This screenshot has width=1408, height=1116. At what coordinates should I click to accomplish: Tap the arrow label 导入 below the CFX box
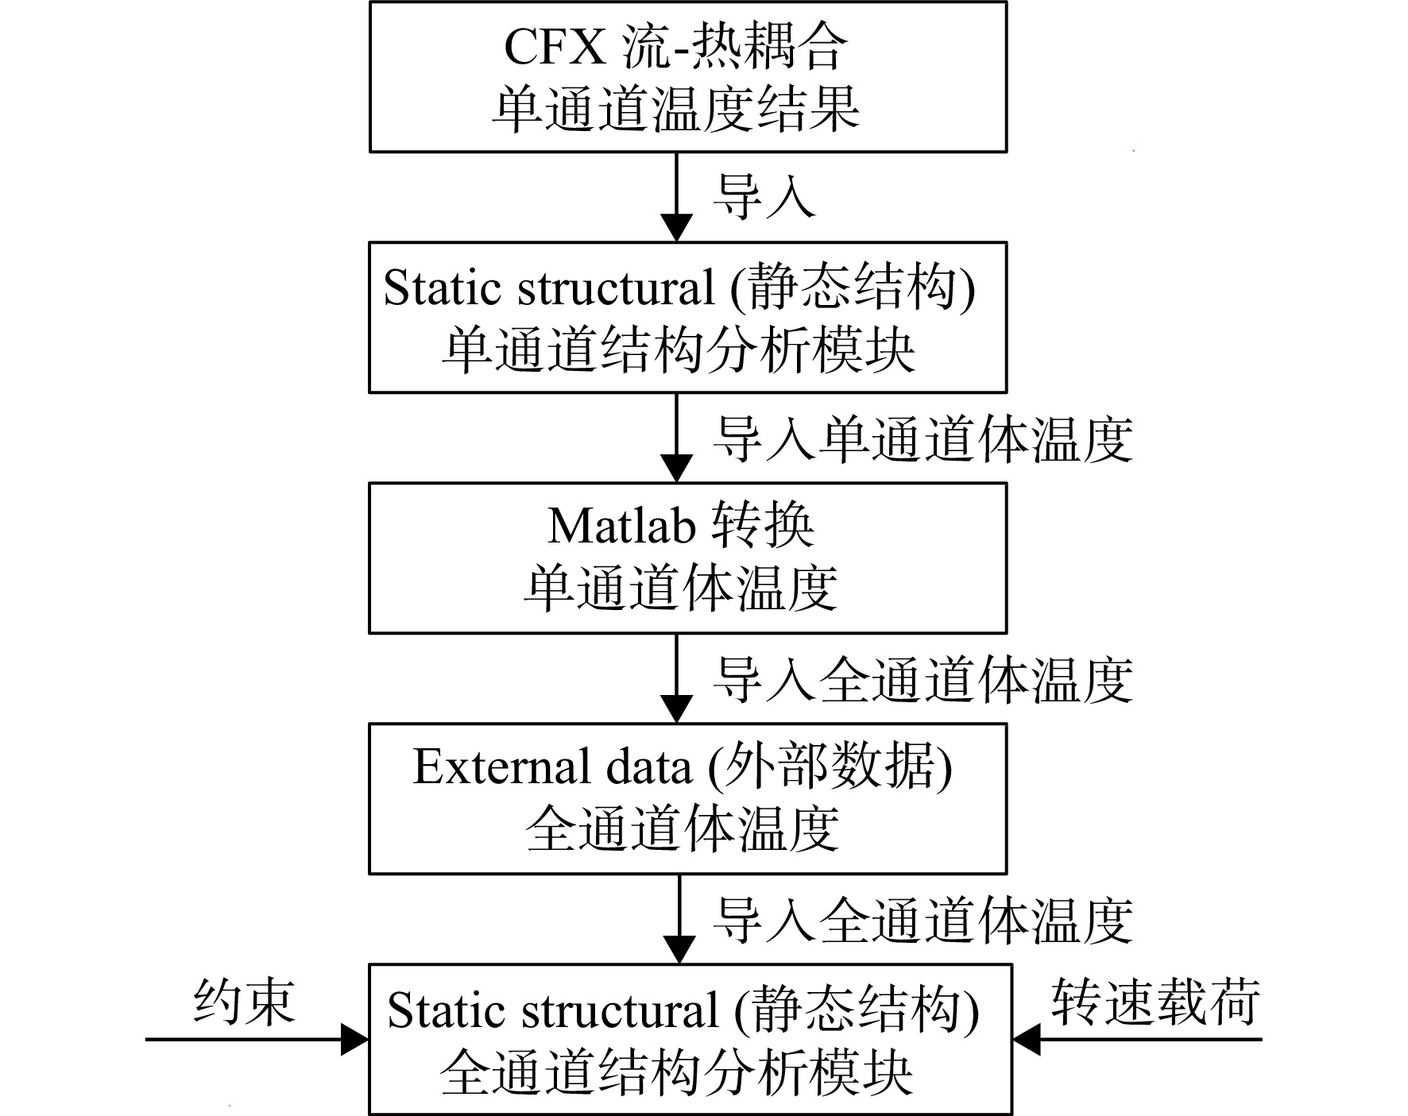(x=764, y=196)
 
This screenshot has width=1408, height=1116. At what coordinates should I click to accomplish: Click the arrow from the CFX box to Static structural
(x=677, y=197)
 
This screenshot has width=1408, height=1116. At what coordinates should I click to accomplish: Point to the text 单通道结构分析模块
(x=679, y=350)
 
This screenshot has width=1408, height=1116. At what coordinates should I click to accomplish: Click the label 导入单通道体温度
(x=923, y=438)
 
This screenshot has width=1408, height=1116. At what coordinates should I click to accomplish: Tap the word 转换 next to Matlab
(x=762, y=526)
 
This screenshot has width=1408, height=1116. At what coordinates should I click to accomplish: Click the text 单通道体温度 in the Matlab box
(x=680, y=589)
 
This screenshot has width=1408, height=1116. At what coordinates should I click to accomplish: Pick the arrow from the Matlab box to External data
(x=677, y=678)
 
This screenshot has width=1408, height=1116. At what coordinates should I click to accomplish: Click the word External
(x=502, y=767)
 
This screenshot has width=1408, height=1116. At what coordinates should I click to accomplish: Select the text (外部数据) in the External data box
(x=830, y=767)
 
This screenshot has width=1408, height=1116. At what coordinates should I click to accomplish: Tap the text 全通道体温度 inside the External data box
(x=682, y=830)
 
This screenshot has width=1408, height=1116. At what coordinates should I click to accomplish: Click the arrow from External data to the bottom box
(x=679, y=919)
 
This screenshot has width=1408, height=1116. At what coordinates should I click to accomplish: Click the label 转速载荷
(x=1156, y=1002)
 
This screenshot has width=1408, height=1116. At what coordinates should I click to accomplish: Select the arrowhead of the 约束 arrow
(x=355, y=1039)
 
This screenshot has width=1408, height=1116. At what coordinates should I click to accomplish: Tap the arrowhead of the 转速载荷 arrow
(x=1027, y=1039)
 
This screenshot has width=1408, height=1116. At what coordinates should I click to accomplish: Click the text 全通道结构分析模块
(x=676, y=1074)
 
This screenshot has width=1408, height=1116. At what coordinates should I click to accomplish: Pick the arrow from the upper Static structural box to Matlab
(x=677, y=438)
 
